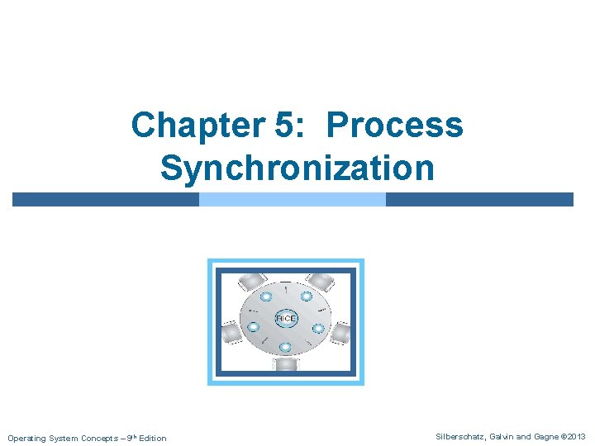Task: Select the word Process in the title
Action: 395,126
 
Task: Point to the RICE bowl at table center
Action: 285,318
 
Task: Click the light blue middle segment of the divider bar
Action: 293,199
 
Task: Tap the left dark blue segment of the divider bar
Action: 105,199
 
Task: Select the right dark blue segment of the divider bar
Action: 479,199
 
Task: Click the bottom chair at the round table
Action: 286,363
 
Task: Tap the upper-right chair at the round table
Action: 321,281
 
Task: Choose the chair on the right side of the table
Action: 340,334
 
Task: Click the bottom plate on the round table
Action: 285,347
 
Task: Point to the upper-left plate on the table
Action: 265,296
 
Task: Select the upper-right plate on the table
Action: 306,296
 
